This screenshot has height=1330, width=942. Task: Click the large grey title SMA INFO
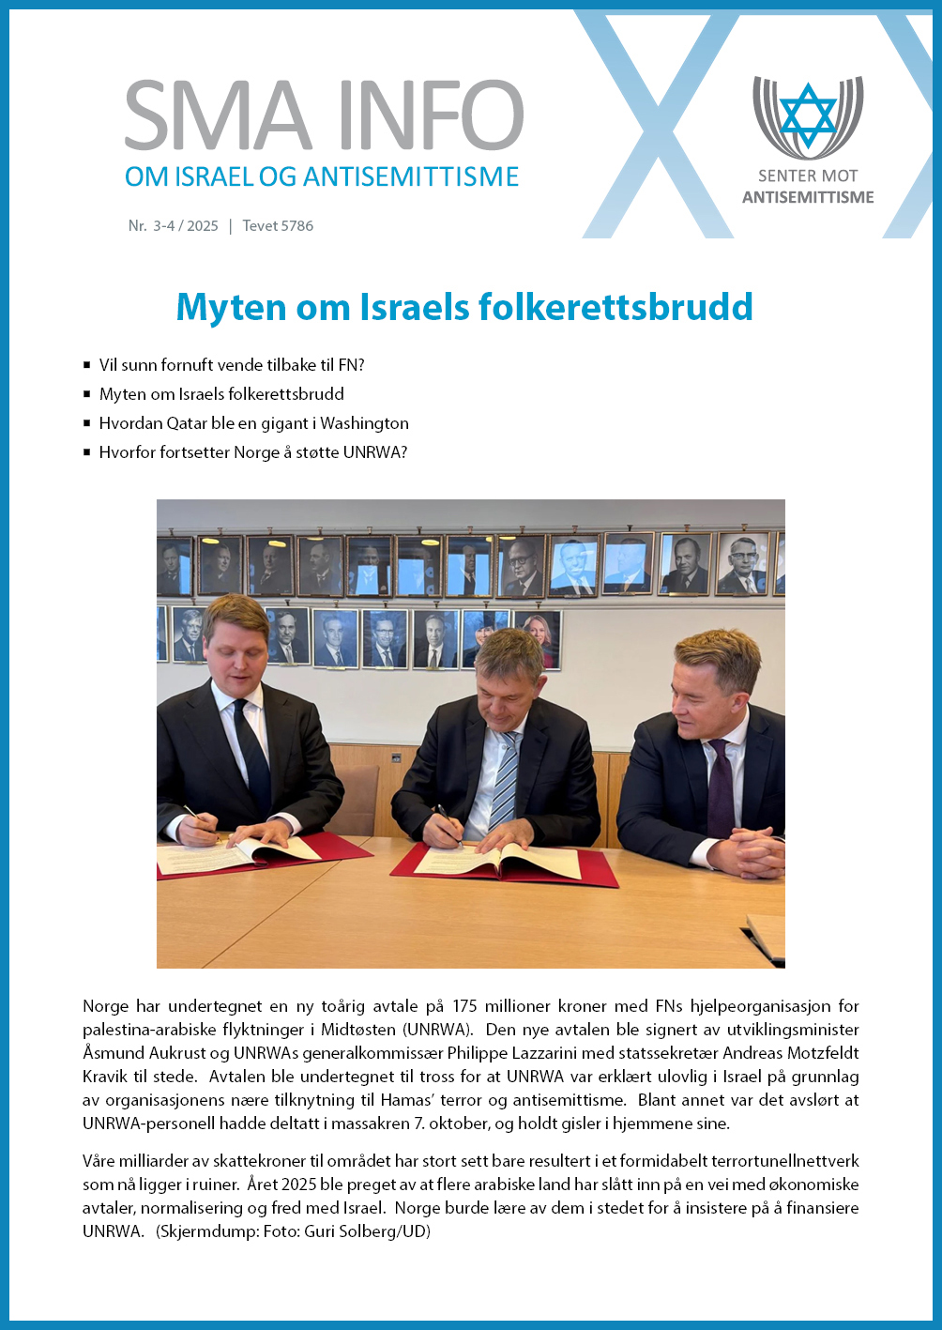pyautogui.click(x=324, y=116)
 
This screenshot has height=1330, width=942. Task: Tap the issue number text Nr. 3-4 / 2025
pyautogui.click(x=174, y=226)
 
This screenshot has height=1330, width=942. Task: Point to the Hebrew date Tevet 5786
pyautogui.click(x=278, y=226)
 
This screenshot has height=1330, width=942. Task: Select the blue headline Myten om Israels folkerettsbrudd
pyautogui.click(x=464, y=307)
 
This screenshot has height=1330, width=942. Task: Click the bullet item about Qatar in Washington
pyautogui.click(x=253, y=423)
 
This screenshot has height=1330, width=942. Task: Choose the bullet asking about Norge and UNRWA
pyautogui.click(x=252, y=452)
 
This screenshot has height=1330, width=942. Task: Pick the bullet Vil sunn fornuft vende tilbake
pyautogui.click(x=231, y=365)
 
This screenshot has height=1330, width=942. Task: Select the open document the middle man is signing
pyautogui.click(x=498, y=860)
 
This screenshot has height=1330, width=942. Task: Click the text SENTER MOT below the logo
pyautogui.click(x=808, y=176)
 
